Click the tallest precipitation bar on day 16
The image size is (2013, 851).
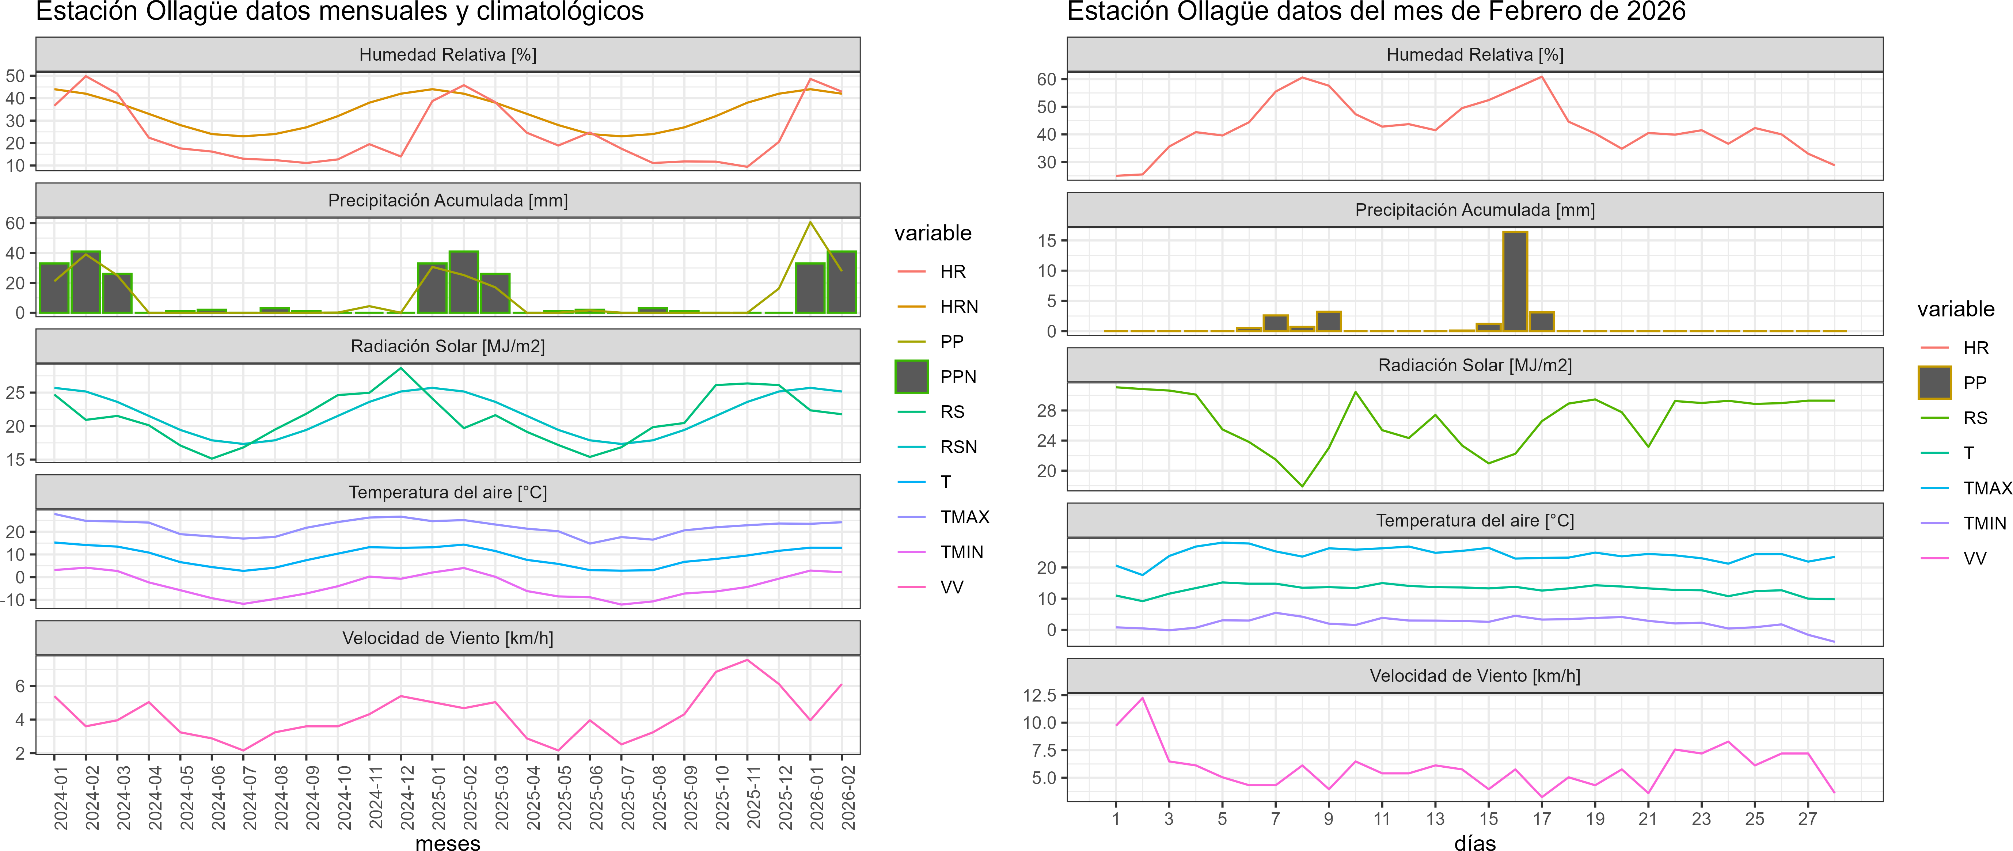tap(1515, 281)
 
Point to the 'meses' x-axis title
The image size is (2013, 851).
tap(448, 842)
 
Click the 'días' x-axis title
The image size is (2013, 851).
tap(1475, 842)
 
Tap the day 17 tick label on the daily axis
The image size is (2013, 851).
tap(1541, 818)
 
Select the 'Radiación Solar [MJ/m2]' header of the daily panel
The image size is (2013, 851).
tap(1475, 365)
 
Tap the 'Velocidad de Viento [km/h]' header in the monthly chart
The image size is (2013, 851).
tap(448, 638)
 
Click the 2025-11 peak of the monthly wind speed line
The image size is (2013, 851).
tap(747, 660)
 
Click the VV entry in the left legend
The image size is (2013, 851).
tap(952, 587)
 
